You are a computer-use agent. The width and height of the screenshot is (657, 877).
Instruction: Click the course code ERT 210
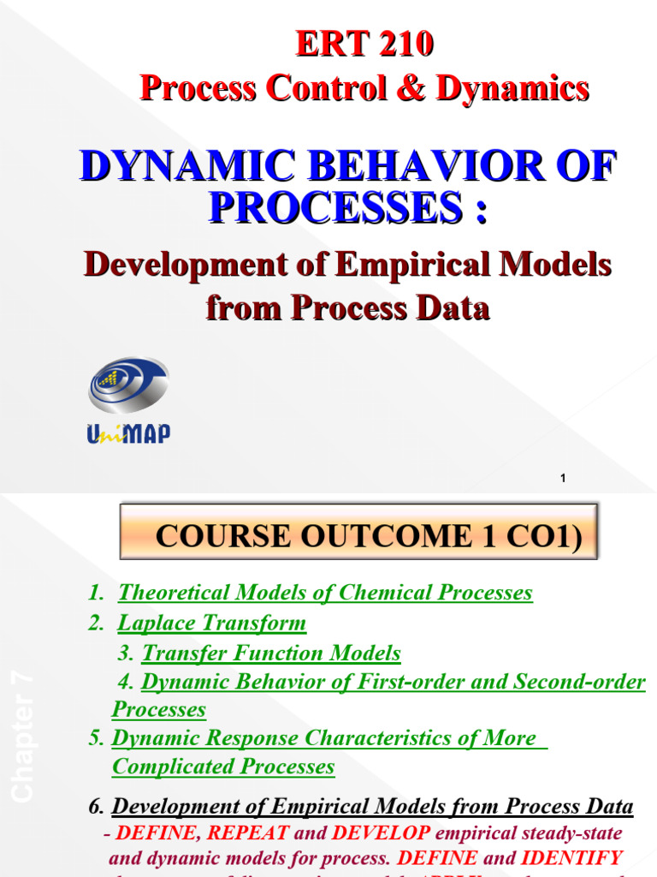(x=364, y=45)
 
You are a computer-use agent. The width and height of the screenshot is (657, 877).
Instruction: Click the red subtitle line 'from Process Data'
(x=347, y=307)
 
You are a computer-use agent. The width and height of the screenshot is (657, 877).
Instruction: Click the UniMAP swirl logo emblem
(x=129, y=386)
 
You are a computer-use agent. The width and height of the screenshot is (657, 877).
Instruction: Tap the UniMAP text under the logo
(x=128, y=434)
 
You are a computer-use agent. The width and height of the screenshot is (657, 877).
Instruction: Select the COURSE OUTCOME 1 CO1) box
(x=358, y=536)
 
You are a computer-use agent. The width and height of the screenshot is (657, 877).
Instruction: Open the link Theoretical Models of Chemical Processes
(x=325, y=593)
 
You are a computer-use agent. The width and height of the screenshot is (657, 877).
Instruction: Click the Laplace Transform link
(x=211, y=623)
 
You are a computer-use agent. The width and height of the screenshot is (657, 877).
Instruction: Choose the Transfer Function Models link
(x=271, y=653)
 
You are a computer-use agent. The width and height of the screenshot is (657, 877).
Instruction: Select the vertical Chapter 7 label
(x=23, y=737)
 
